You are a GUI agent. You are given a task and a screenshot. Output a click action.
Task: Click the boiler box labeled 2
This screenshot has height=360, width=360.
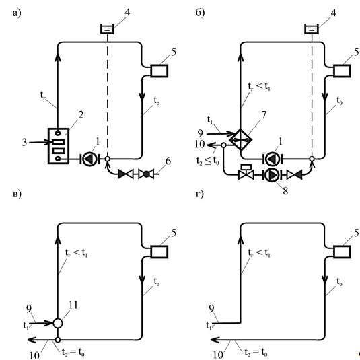(59, 146)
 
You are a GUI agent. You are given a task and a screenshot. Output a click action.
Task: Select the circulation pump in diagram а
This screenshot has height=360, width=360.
(89, 159)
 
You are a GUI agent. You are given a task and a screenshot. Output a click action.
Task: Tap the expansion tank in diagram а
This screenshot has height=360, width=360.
(108, 29)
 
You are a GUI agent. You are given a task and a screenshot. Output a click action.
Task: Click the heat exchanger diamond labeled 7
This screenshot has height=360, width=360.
(241, 139)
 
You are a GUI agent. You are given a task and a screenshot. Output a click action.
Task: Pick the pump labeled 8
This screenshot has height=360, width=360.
(272, 175)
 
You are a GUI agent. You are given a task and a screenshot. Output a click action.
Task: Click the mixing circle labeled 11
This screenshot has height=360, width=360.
(58, 323)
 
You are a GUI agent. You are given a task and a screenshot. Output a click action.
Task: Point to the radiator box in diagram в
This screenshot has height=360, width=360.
(159, 252)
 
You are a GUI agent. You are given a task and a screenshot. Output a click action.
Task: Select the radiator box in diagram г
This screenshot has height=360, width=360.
(342, 252)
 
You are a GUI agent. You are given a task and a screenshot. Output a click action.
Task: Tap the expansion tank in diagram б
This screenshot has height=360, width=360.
(312, 29)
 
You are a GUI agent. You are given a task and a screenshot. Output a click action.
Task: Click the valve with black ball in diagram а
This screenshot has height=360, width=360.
(146, 174)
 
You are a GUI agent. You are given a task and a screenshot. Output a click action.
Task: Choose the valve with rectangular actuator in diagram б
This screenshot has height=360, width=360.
(246, 172)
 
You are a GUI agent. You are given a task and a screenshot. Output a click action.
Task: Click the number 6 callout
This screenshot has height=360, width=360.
(168, 161)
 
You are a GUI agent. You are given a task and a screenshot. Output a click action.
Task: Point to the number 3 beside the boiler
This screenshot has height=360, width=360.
(24, 143)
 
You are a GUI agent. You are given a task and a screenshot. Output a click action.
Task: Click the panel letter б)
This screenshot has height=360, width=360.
(201, 13)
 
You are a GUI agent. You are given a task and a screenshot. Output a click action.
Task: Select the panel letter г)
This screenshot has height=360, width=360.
(200, 194)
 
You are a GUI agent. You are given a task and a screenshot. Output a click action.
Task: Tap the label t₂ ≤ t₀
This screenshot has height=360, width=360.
(207, 161)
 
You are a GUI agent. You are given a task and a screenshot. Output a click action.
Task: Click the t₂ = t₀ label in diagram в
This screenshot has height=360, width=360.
(73, 352)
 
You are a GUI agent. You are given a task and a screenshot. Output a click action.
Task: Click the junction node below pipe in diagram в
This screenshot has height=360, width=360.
(58, 340)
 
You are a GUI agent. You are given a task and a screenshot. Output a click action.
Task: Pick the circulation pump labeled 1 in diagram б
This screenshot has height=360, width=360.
(273, 159)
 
